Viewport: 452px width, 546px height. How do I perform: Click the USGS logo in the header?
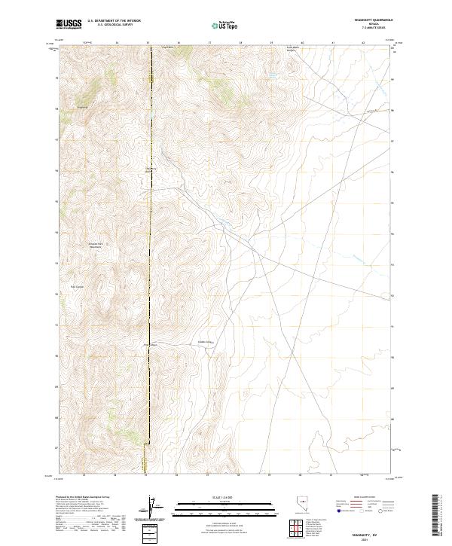pos(69,24)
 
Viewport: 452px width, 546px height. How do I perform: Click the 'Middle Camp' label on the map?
pos(205,341)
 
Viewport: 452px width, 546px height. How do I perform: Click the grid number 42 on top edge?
pos(363,43)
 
